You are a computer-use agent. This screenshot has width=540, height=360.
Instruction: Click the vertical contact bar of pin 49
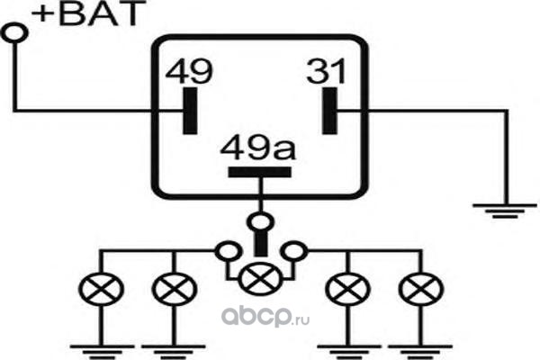pos(188,111)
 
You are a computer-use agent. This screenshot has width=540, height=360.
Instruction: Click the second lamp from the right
pos(342,290)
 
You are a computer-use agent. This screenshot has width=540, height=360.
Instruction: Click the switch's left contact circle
pos(222,248)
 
